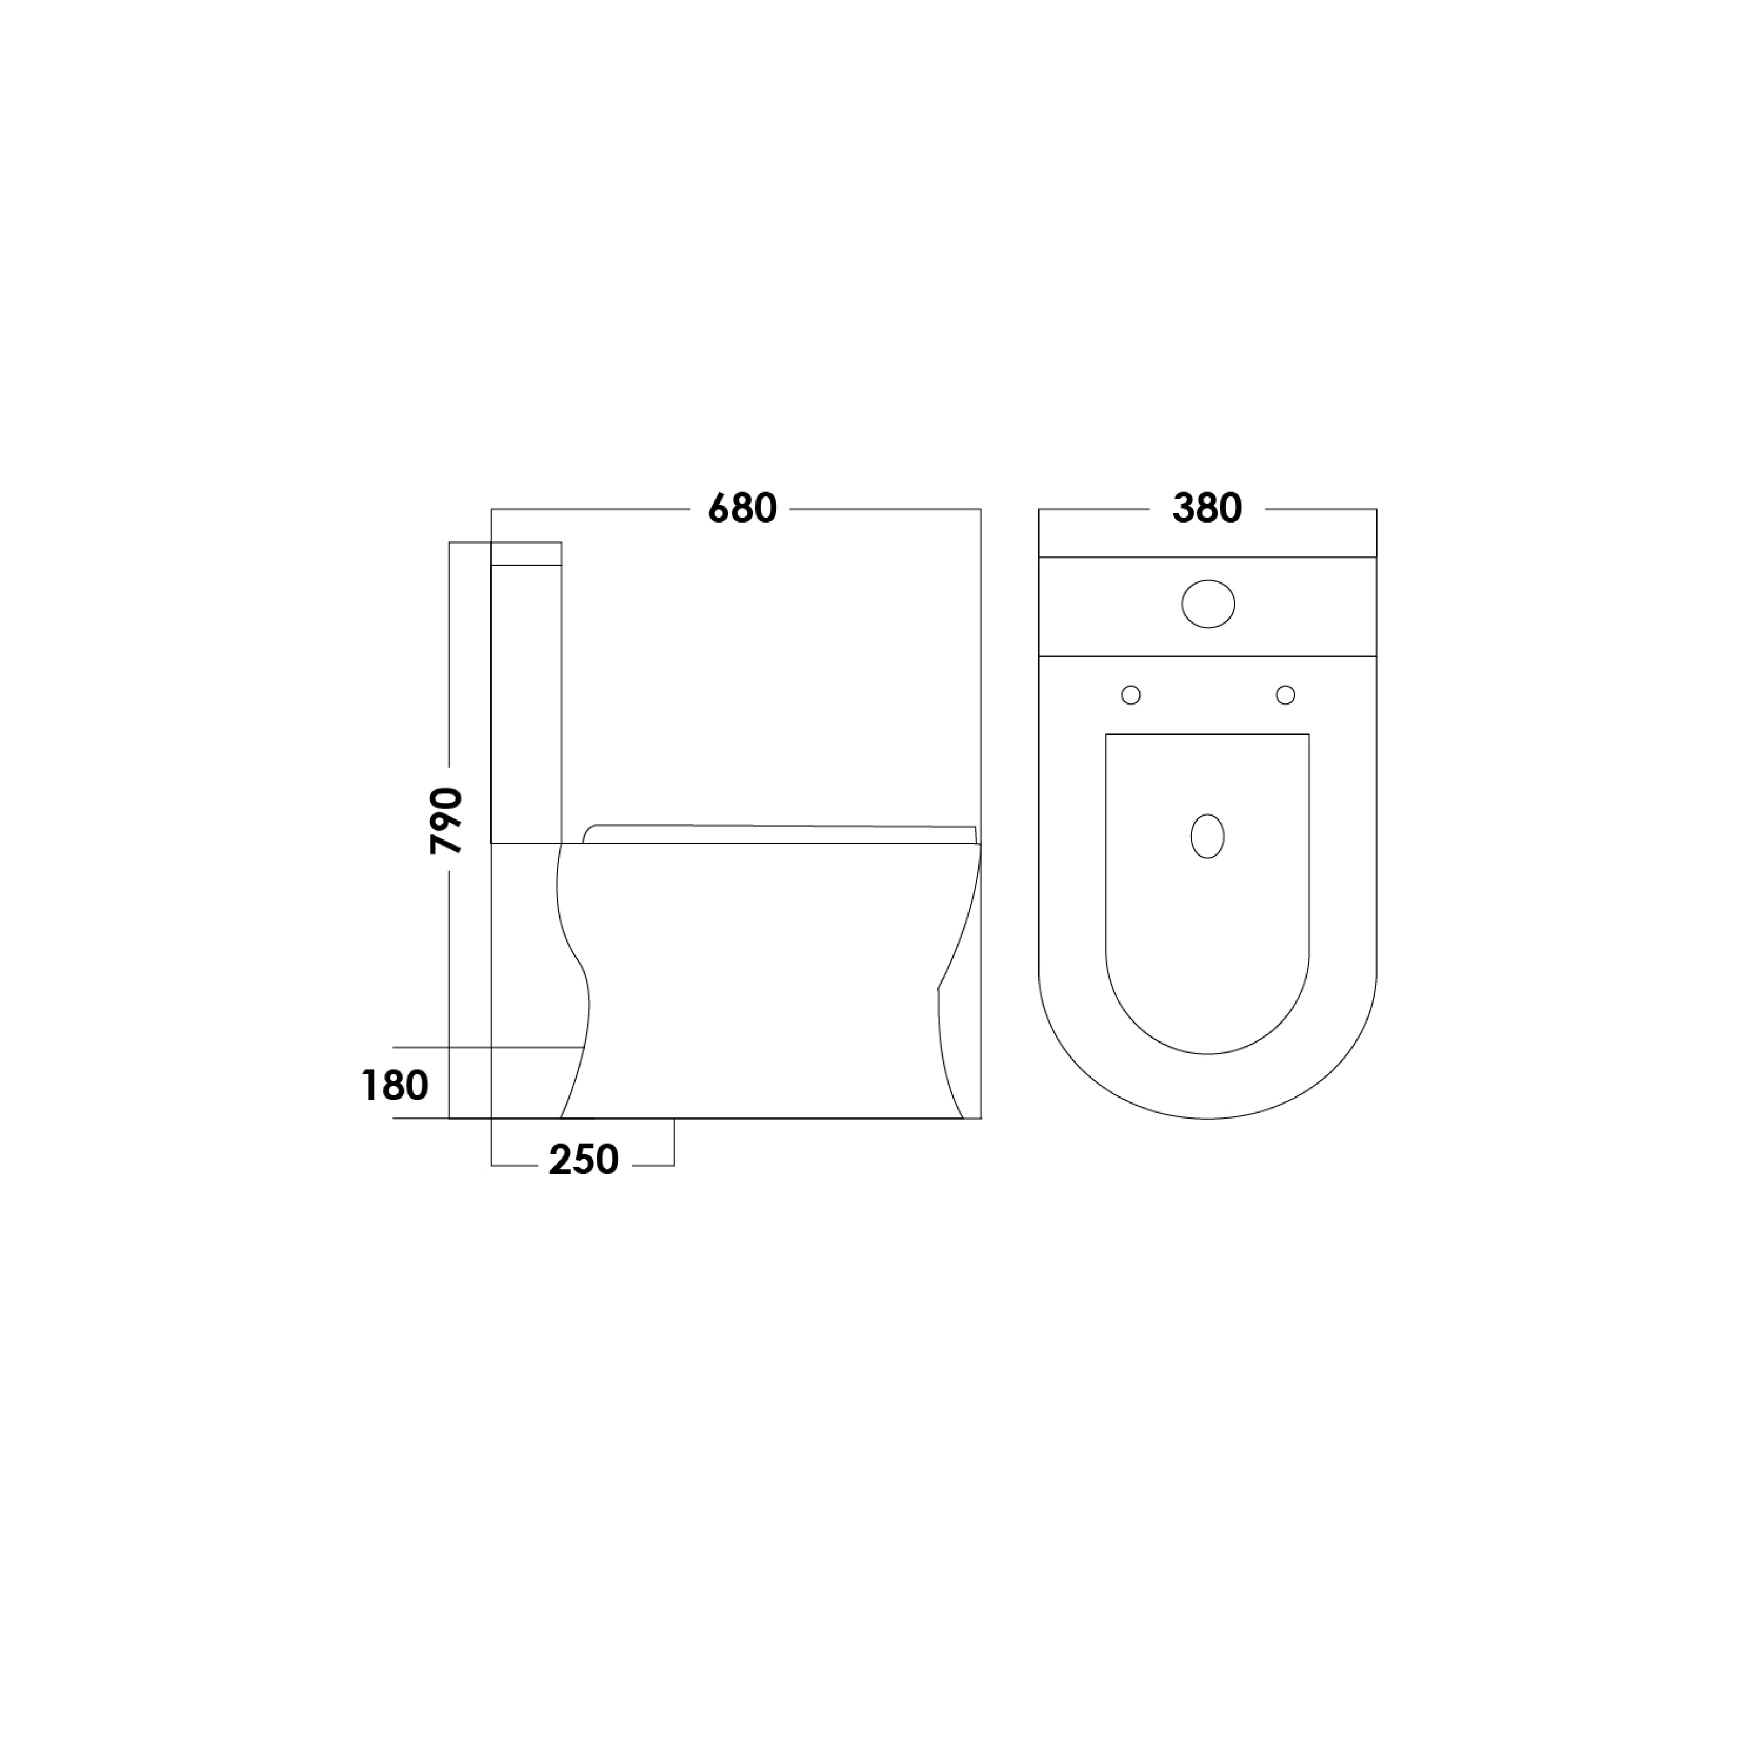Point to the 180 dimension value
(395, 1085)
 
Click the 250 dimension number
(584, 1159)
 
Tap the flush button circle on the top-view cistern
(1208, 604)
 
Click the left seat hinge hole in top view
(1130, 695)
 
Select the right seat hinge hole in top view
(1285, 695)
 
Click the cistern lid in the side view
(526, 554)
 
